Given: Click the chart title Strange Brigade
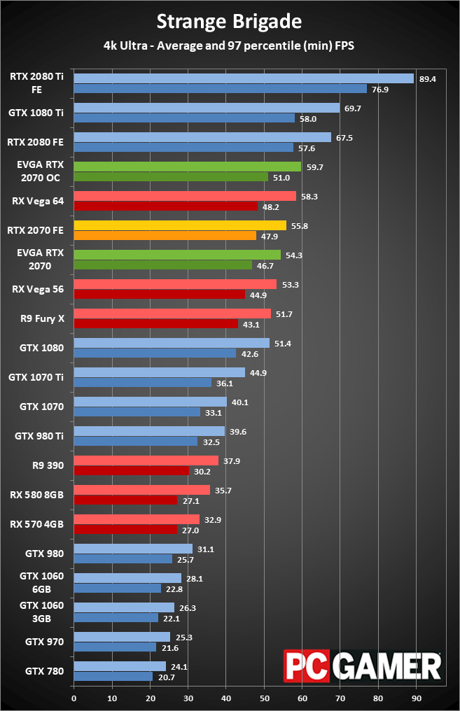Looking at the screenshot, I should coord(229,22).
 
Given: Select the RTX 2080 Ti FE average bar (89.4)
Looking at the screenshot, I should coord(244,79).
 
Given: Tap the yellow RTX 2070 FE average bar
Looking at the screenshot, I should coord(180,226).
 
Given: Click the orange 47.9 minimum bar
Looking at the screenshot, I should coord(165,236).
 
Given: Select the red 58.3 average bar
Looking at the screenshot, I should coord(185,197).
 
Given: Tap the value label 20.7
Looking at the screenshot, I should coord(166,677).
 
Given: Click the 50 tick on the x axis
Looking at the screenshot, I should coord(264,698).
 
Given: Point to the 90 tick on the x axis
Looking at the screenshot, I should coord(416,698).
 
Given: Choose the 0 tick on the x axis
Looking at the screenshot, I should coord(74,698).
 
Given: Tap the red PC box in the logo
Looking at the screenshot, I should coord(306,667).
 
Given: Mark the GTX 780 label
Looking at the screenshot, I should coord(45,671).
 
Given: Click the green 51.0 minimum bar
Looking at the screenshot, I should coord(171,177).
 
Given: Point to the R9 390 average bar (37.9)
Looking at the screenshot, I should coord(146,461).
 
